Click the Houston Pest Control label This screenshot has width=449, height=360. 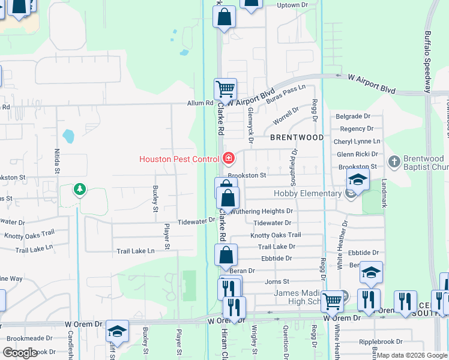coord(179,159)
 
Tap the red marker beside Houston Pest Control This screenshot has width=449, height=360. coord(228,158)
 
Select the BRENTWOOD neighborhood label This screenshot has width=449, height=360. coord(297,137)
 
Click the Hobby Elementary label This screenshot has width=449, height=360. coord(307,193)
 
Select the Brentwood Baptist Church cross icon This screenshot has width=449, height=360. coord(393,161)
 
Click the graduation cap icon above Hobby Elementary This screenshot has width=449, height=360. coord(357,179)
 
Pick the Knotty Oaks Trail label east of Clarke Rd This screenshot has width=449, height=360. coord(276,235)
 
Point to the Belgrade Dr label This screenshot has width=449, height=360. coord(354,116)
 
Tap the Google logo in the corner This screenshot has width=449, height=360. coord(20,353)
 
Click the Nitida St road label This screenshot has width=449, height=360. coord(58,160)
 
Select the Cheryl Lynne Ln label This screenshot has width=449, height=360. coord(357,141)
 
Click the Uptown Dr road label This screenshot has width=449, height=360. coord(292,5)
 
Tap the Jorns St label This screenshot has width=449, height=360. coord(277,281)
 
